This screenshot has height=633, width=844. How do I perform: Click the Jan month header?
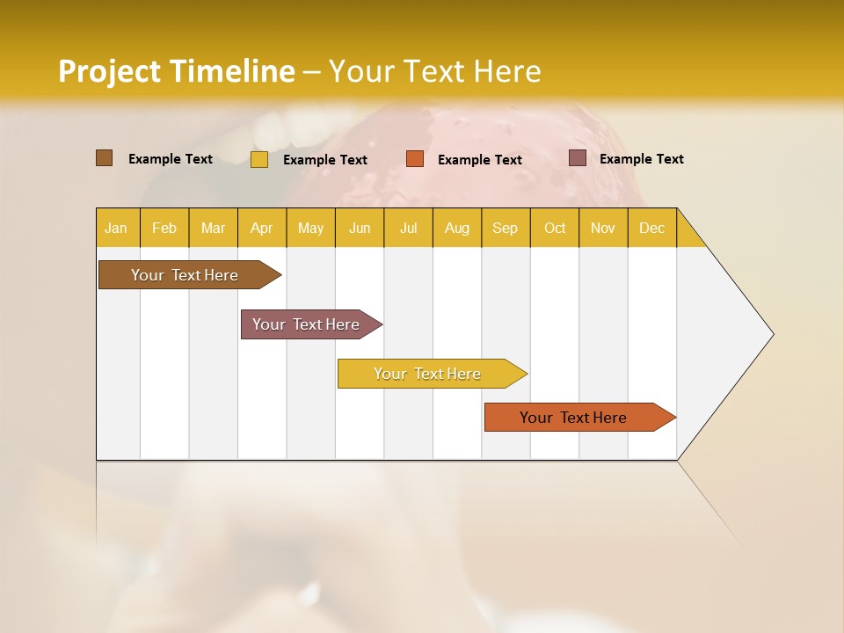[117, 228]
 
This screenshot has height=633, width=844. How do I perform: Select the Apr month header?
[262, 228]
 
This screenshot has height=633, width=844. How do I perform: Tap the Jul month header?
[409, 228]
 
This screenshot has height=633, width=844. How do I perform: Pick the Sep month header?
[506, 228]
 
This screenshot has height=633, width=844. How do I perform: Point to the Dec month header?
[652, 228]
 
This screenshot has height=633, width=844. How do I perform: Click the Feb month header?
[164, 228]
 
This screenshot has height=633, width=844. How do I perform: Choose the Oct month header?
[555, 228]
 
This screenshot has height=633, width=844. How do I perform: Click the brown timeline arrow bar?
[186, 275]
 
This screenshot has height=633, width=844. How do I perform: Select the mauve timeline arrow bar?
[307, 324]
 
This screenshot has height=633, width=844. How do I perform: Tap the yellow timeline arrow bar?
[428, 374]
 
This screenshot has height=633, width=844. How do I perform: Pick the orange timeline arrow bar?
[574, 418]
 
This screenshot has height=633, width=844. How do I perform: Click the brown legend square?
[104, 158]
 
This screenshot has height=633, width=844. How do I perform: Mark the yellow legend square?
[259, 159]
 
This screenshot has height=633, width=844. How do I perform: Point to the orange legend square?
[415, 159]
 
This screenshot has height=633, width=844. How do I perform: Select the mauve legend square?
[578, 158]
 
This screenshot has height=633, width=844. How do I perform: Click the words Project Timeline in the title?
[177, 71]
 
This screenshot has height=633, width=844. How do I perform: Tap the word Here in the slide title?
[507, 71]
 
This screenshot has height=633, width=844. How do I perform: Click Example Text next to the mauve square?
[642, 159]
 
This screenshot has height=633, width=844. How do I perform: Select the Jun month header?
[360, 228]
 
